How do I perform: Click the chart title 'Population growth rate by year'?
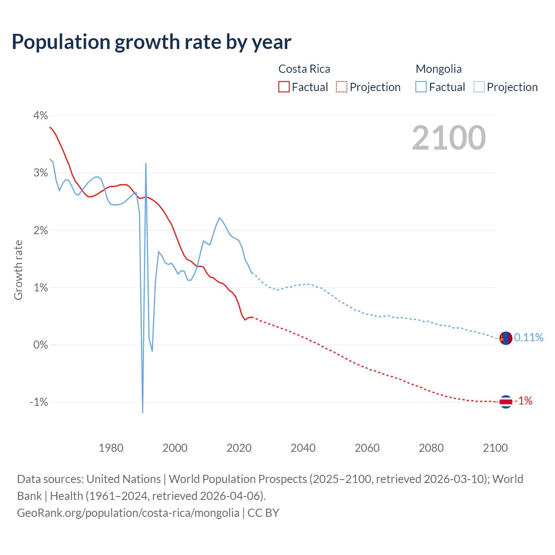click(x=151, y=42)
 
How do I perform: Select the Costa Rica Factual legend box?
click(x=284, y=87)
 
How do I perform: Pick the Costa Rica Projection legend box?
click(x=342, y=87)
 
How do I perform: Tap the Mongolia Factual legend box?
click(x=421, y=87)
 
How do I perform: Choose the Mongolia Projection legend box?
click(x=479, y=87)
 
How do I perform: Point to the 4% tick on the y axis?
click(x=40, y=116)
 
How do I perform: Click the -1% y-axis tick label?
click(x=39, y=402)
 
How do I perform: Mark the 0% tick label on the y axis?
click(x=40, y=345)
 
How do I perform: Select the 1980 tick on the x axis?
click(x=111, y=448)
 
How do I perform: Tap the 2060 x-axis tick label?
click(x=367, y=448)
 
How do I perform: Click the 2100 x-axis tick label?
click(x=495, y=448)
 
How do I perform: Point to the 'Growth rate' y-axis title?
click(x=18, y=270)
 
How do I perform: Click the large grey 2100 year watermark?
click(x=449, y=138)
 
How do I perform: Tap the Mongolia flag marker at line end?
click(x=506, y=338)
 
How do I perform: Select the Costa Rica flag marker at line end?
click(x=506, y=402)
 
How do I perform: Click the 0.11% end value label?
click(x=529, y=337)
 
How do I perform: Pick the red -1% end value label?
click(x=523, y=401)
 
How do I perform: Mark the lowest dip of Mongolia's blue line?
click(x=143, y=412)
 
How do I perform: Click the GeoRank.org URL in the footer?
click(x=128, y=513)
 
